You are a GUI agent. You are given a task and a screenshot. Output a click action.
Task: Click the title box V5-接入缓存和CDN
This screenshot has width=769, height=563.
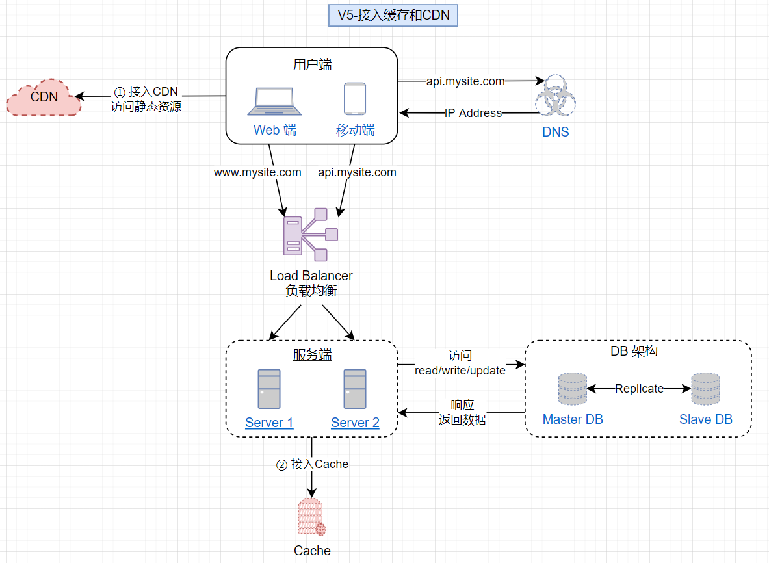[x=393, y=15]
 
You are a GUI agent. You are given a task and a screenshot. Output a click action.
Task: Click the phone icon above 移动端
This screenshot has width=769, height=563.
[x=354, y=99]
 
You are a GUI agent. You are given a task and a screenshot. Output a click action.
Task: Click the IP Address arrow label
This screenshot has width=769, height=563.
[x=473, y=113]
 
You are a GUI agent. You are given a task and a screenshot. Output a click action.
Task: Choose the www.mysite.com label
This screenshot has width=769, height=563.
[x=257, y=172]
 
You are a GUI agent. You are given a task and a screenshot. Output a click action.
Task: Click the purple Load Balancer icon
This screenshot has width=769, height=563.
[x=311, y=232]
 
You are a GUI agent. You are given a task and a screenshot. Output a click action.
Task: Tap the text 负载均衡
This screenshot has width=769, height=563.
[x=311, y=291]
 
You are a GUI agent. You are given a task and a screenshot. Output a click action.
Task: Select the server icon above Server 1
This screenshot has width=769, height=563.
[x=269, y=388]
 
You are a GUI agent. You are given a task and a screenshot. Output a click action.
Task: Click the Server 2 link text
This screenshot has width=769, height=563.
[x=355, y=423]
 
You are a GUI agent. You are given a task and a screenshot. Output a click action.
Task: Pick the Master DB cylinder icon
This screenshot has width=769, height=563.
[x=572, y=389]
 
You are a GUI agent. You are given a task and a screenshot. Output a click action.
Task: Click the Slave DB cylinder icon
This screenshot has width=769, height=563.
[x=705, y=389]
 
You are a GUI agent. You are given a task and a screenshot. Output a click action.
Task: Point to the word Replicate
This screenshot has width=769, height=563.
[x=639, y=389]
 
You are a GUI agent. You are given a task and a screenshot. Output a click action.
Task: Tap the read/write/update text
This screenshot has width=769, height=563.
[x=460, y=371]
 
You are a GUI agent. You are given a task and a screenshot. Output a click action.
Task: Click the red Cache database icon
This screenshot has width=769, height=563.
[x=311, y=517]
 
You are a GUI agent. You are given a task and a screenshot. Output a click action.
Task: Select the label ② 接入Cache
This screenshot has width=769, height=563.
[x=313, y=464]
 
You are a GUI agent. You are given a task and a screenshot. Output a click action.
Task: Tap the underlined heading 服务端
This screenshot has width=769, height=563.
[x=312, y=354]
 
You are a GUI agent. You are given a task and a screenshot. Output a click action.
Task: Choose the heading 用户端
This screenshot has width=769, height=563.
[x=312, y=64]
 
